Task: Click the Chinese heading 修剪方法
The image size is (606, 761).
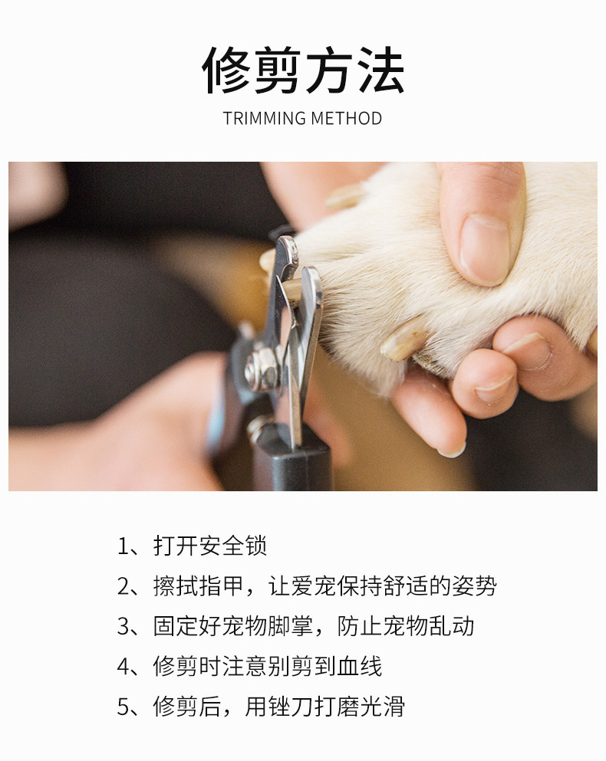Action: (303, 71)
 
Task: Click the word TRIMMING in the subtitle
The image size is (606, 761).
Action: (265, 119)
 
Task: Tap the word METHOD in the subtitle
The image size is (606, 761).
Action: (347, 119)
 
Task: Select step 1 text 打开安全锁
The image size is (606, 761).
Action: (210, 546)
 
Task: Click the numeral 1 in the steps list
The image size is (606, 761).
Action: (123, 546)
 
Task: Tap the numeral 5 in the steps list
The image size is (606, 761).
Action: (123, 707)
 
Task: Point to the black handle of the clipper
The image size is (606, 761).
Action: (291, 458)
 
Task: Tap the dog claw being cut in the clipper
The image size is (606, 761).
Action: (291, 291)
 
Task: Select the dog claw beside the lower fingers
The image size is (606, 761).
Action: (404, 339)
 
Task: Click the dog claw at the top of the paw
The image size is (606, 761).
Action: (346, 195)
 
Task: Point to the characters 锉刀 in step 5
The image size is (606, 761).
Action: (291, 706)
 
